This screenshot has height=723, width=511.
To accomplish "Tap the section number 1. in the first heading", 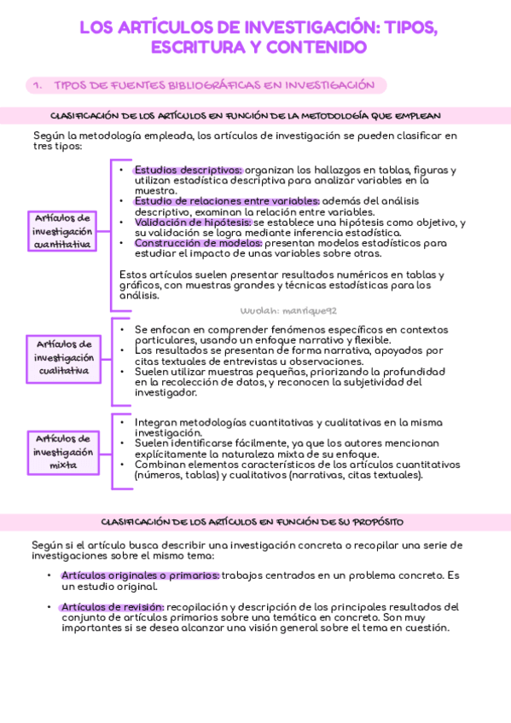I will (37, 85).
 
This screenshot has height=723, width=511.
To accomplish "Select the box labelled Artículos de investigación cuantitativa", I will (62, 231).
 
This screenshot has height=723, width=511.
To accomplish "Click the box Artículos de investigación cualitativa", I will (64, 358).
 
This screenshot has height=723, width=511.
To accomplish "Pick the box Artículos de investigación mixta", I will (64, 451).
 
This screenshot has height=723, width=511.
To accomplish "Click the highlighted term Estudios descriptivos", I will (188, 170).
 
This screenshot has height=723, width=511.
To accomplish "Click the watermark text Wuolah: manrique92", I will (277, 311).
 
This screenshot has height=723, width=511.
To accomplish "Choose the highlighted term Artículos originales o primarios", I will (140, 576).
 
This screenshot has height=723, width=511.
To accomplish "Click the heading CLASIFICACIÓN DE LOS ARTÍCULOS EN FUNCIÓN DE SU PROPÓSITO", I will (253, 521).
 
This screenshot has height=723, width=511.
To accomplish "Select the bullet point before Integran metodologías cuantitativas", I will (122, 422).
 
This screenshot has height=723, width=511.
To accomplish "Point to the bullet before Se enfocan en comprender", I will (122, 329).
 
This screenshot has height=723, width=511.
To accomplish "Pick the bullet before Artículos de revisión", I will (49, 606).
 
